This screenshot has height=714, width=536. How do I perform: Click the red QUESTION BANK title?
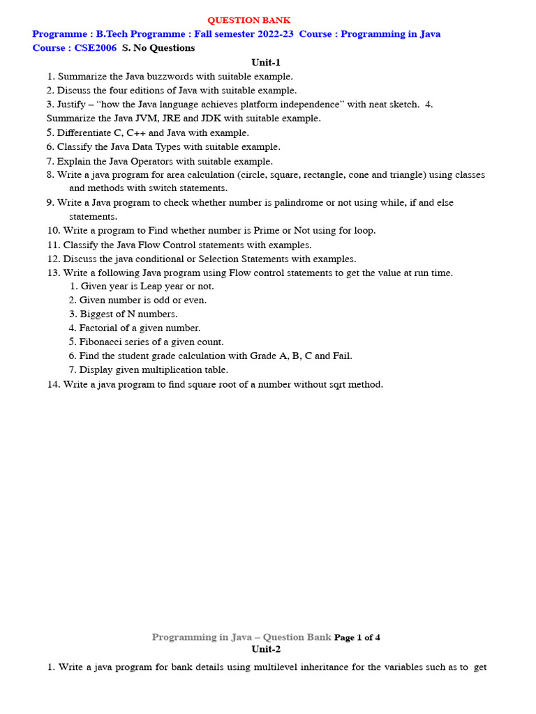tap(248, 20)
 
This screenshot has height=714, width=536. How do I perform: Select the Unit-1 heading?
tap(266, 63)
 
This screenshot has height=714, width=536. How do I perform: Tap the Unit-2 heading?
tap(266, 649)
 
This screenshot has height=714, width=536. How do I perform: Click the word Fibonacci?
tap(102, 342)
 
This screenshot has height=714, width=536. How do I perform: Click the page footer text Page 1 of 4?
tap(357, 637)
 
